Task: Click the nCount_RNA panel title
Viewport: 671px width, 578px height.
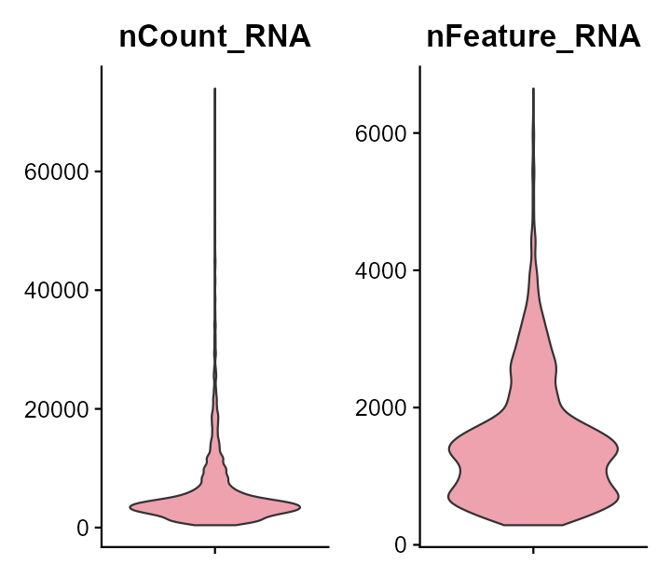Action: (214, 37)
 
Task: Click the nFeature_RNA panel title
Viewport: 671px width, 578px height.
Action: (533, 37)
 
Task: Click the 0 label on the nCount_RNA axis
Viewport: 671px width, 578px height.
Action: (84, 528)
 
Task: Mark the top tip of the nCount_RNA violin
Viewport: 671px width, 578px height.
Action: (215, 89)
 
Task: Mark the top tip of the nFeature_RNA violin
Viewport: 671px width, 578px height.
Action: (533, 89)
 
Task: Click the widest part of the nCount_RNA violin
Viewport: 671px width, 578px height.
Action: (215, 506)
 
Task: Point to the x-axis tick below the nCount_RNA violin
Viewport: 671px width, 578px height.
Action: (215, 550)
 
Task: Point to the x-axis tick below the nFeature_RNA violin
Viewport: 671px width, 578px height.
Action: (533, 550)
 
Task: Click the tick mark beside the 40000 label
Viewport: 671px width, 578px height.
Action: (98, 291)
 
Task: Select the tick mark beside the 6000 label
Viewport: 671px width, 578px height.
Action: (416, 133)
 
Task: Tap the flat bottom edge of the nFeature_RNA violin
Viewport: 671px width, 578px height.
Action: (533, 525)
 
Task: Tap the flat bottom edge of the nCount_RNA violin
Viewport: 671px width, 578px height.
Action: (215, 525)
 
